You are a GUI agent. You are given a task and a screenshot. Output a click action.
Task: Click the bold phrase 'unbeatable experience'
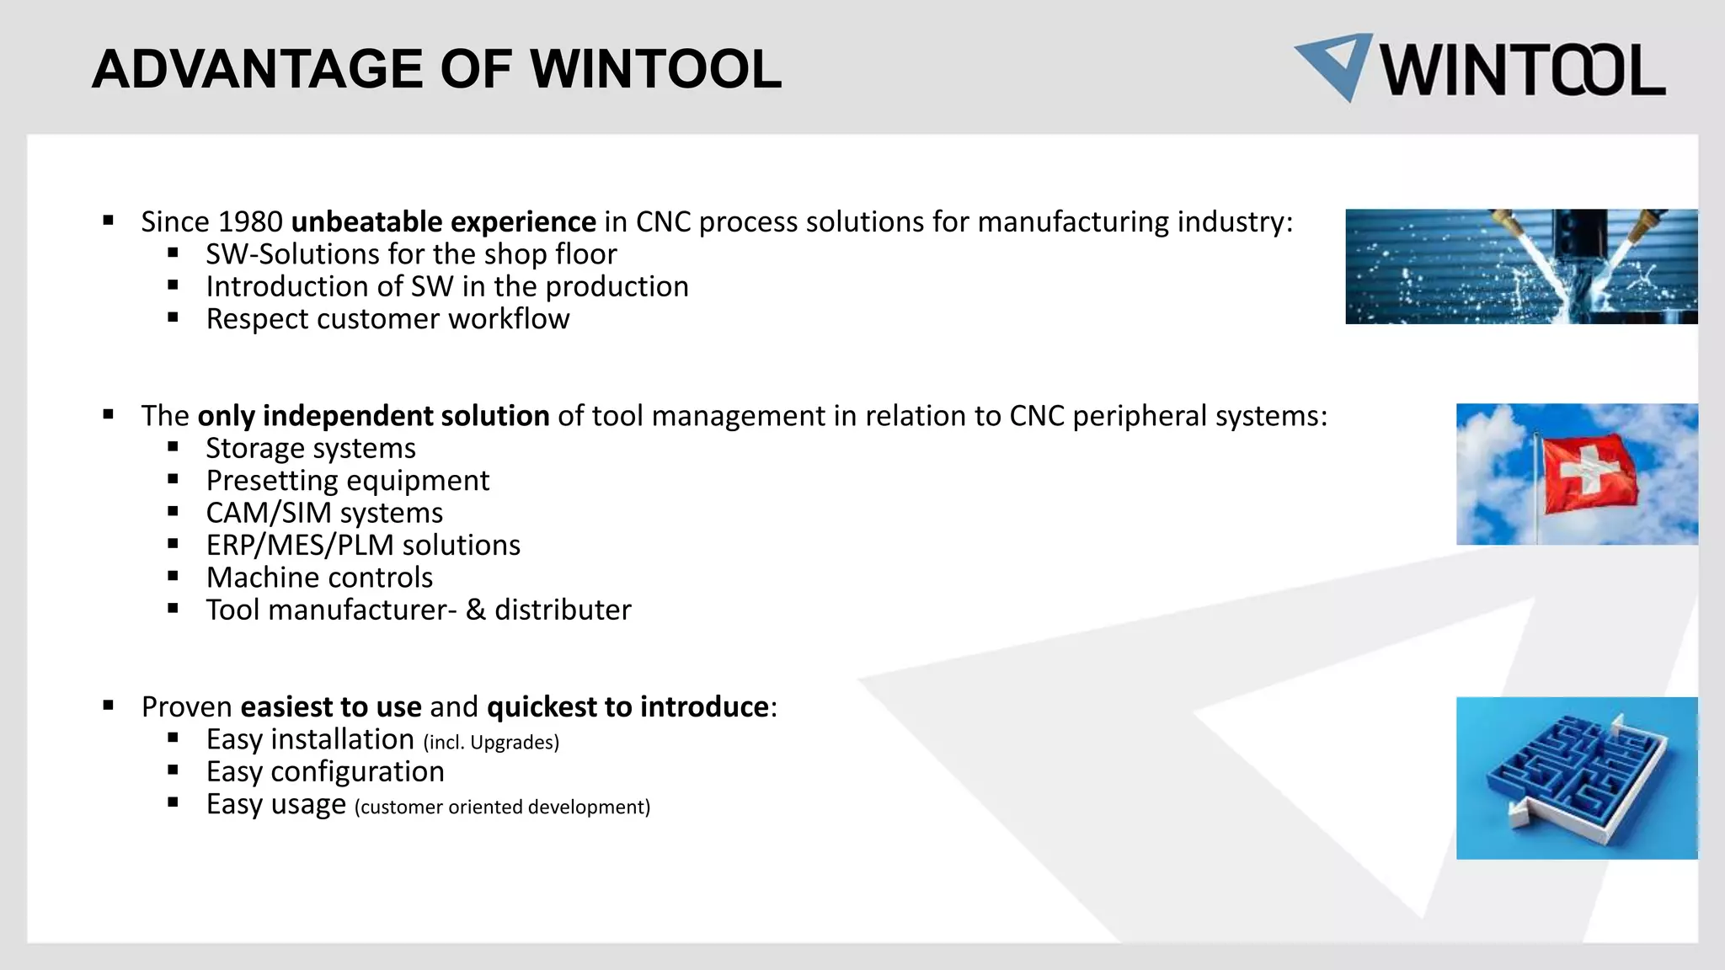pyautogui.click(x=443, y=222)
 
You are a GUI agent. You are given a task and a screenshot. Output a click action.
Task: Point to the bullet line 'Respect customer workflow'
pyautogui.click(x=387, y=319)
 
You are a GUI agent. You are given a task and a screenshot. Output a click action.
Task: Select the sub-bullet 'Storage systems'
pyautogui.click(x=311, y=449)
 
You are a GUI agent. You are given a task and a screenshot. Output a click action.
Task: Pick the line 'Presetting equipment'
pyautogui.click(x=347, y=481)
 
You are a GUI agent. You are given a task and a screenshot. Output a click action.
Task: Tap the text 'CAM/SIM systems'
pyautogui.click(x=324, y=513)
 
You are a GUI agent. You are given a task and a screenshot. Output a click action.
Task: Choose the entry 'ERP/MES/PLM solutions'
pyautogui.click(x=363, y=546)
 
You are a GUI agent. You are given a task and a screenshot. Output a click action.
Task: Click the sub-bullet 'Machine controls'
pyautogui.click(x=319, y=578)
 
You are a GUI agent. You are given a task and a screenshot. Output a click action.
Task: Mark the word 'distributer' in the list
pyautogui.click(x=563, y=610)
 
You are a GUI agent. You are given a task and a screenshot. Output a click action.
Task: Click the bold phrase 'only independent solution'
pyautogui.click(x=373, y=416)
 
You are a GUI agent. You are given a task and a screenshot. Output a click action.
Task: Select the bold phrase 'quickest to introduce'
pyautogui.click(x=628, y=706)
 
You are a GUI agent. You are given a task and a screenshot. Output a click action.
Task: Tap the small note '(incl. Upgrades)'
pyautogui.click(x=491, y=743)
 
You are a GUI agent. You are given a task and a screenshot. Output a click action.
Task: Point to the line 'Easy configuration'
pyautogui.click(x=325, y=772)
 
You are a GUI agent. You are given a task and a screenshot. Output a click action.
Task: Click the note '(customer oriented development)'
pyautogui.click(x=502, y=807)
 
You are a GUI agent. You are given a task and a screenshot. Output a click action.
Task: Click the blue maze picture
pyautogui.click(x=1577, y=778)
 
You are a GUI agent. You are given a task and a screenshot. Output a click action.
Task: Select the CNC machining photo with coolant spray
pyautogui.click(x=1521, y=266)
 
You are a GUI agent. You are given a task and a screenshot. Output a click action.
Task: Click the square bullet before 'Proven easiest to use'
pyautogui.click(x=109, y=706)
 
